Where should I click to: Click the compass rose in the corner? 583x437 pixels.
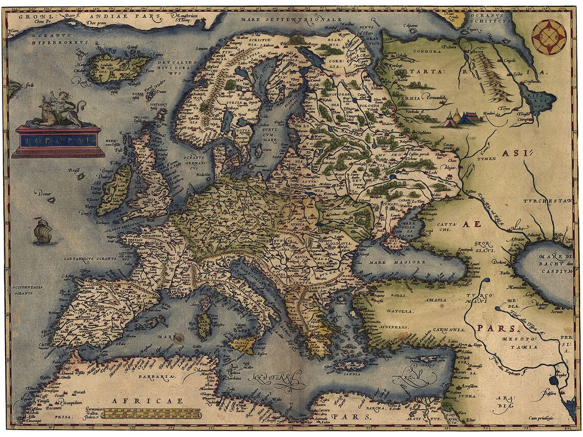(x=548, y=37)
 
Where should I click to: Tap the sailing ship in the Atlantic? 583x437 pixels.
(x=42, y=231)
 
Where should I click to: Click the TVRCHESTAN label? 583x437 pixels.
(x=551, y=201)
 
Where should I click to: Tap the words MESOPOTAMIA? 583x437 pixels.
(x=519, y=342)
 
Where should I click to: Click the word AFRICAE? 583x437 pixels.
(x=147, y=401)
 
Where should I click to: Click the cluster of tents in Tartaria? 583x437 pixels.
(x=459, y=119)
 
